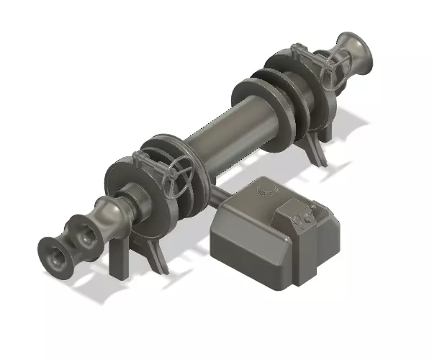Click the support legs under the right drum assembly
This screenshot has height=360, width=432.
(x=317, y=148)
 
